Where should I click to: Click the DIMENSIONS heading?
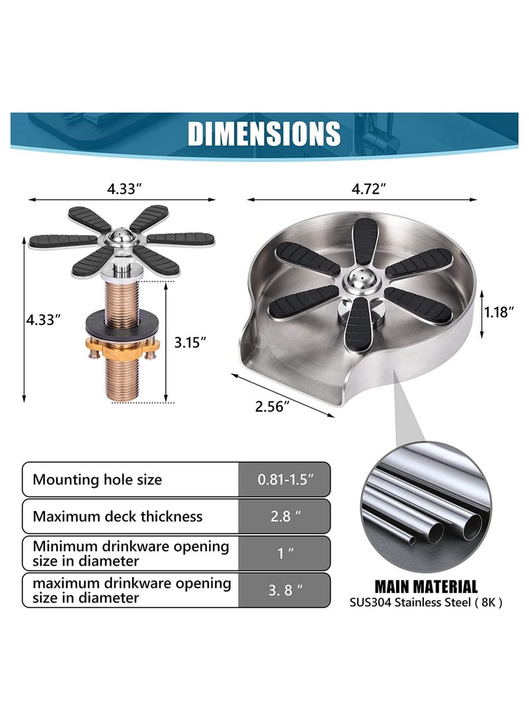(264, 133)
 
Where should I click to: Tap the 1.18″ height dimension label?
(498, 312)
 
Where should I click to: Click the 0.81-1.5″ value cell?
(284, 479)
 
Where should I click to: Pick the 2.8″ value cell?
(284, 516)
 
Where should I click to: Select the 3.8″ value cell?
(284, 590)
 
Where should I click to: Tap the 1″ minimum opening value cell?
(284, 553)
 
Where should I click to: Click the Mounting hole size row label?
(97, 479)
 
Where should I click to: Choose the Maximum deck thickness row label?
(118, 516)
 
